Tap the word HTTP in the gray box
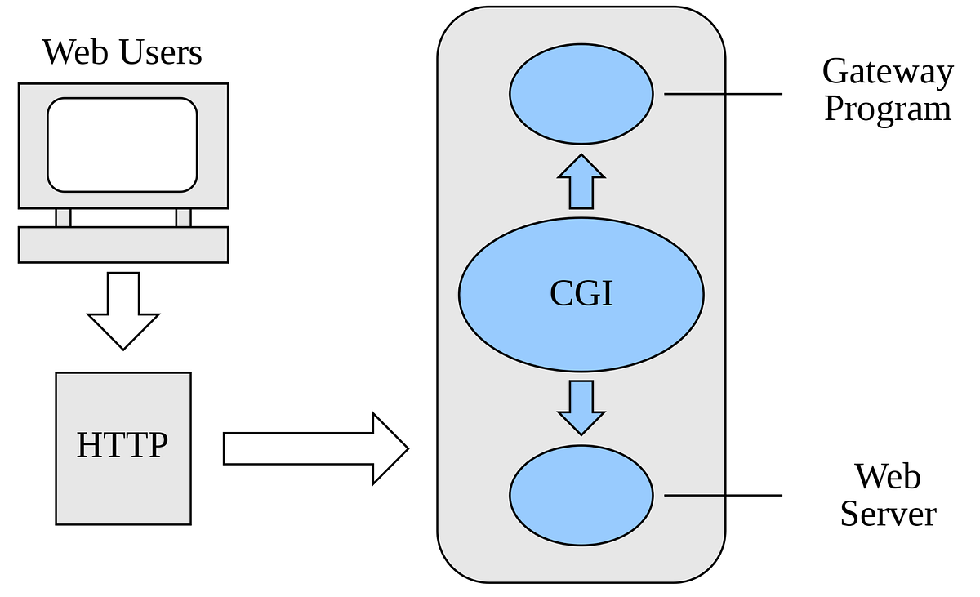(x=122, y=446)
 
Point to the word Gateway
(x=887, y=72)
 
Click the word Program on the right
(x=887, y=109)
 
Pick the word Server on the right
(x=888, y=514)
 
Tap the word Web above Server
(x=888, y=476)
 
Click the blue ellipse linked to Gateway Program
(x=581, y=93)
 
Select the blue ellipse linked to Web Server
(x=581, y=494)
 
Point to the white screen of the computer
(x=122, y=145)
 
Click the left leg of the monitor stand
(x=63, y=217)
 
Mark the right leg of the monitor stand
(x=183, y=217)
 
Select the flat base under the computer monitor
(x=122, y=244)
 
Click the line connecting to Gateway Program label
(x=723, y=94)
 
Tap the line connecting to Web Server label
(x=723, y=495)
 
